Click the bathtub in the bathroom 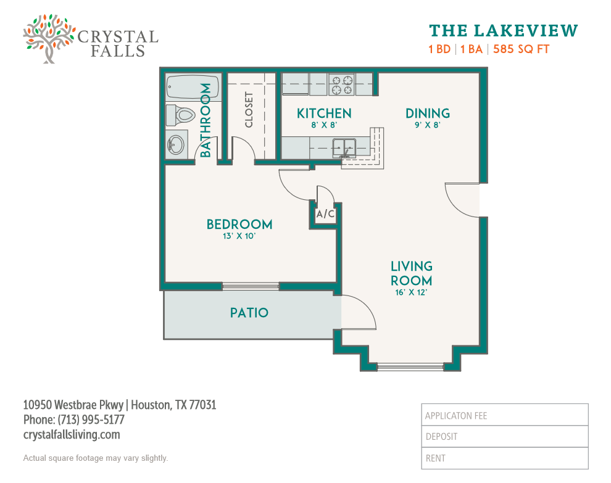click(193, 87)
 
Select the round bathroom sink click(176, 144)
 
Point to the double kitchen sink click(344, 148)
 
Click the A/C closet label click(325, 214)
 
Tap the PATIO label click(249, 313)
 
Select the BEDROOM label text click(239, 225)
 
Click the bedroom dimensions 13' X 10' click(239, 236)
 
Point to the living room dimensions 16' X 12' click(411, 292)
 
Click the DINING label click(428, 114)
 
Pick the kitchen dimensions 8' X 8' click(324, 125)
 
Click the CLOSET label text click(249, 110)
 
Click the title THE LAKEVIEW click(504, 31)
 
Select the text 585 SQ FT click(522, 49)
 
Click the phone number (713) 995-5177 click(91, 420)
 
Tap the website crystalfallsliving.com click(72, 435)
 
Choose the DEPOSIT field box click(505, 436)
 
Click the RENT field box click(505, 458)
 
